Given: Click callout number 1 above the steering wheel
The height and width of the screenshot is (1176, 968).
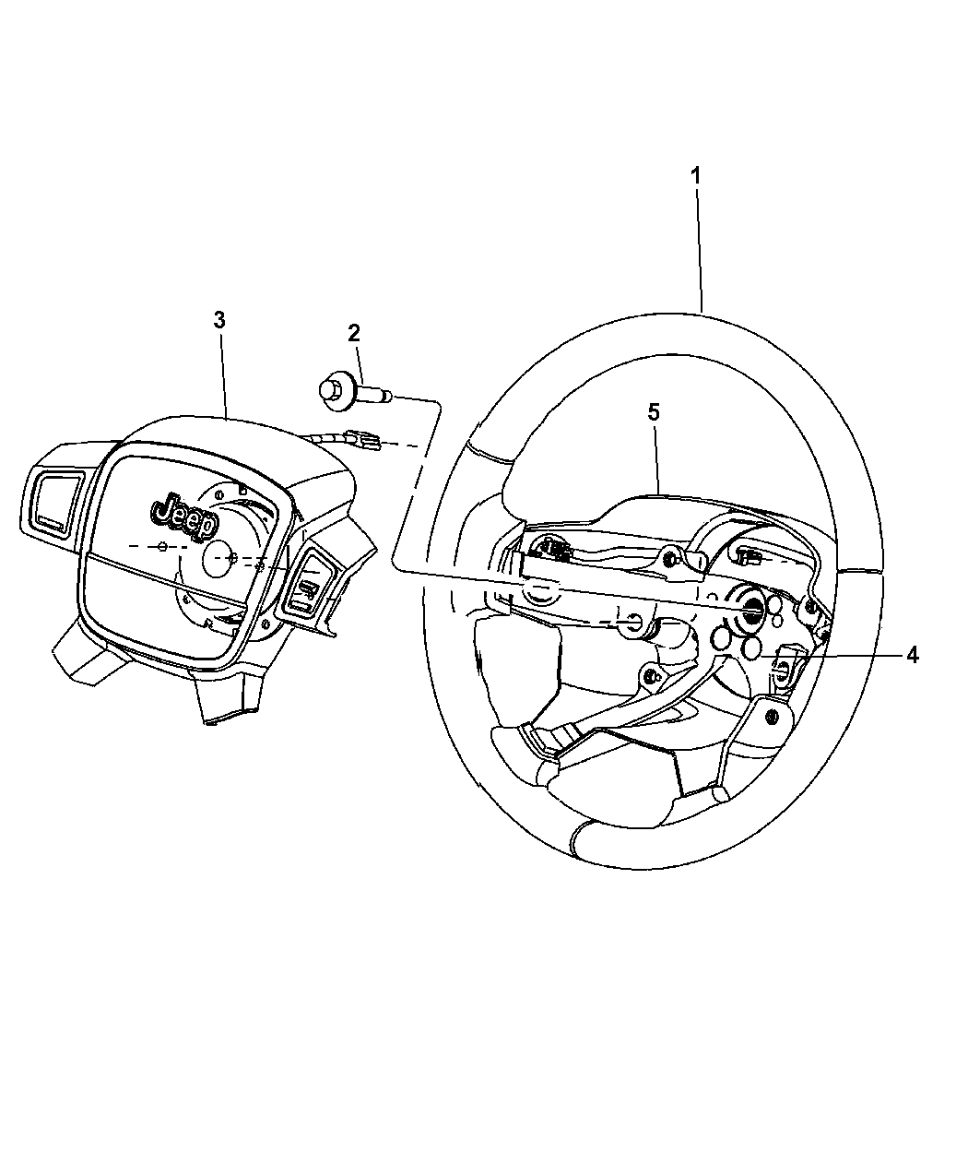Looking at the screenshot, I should tap(696, 174).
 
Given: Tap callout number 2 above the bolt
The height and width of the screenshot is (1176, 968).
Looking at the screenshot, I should tap(354, 333).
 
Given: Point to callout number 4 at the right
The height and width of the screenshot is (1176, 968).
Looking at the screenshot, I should tap(912, 655).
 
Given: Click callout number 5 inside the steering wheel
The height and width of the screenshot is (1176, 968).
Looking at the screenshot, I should tap(653, 412).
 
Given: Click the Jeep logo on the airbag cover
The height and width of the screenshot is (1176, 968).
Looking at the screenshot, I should tap(184, 515).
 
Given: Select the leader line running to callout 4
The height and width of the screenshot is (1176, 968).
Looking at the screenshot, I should tap(830, 656).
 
